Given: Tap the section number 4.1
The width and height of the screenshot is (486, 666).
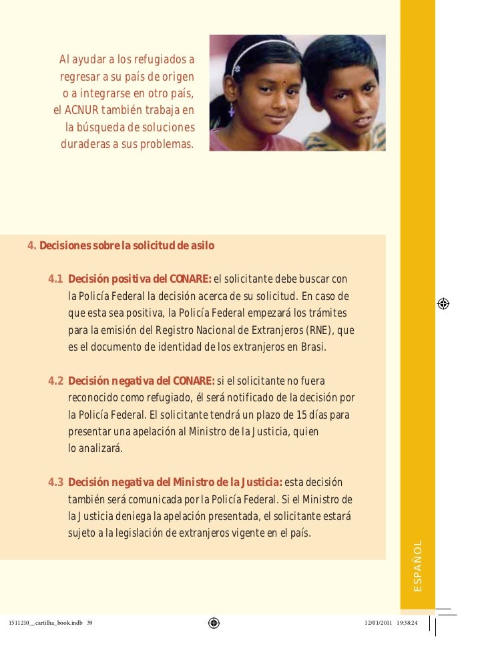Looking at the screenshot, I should pyautogui.click(x=56, y=278).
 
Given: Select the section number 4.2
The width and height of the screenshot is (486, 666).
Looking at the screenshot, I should pyautogui.click(x=56, y=381).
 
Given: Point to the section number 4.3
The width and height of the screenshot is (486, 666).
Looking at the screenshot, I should pyautogui.click(x=56, y=483).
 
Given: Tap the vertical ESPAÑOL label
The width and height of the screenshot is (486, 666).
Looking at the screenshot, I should pyautogui.click(x=417, y=566).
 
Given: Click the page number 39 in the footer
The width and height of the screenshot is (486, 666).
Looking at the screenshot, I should pyautogui.click(x=89, y=623).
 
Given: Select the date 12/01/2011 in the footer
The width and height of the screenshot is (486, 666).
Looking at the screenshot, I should pyautogui.click(x=379, y=623).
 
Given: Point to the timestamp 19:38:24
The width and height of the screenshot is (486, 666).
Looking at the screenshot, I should pyautogui.click(x=407, y=623).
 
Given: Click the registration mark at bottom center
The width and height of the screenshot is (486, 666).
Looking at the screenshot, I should pyautogui.click(x=214, y=623).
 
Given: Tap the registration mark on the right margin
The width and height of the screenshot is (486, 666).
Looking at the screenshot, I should pyautogui.click(x=443, y=303).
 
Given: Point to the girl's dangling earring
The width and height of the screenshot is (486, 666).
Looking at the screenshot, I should pyautogui.click(x=232, y=109).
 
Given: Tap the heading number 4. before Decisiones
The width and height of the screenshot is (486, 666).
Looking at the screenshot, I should pyautogui.click(x=31, y=246).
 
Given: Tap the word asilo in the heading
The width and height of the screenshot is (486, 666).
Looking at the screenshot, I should pyautogui.click(x=201, y=246).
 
